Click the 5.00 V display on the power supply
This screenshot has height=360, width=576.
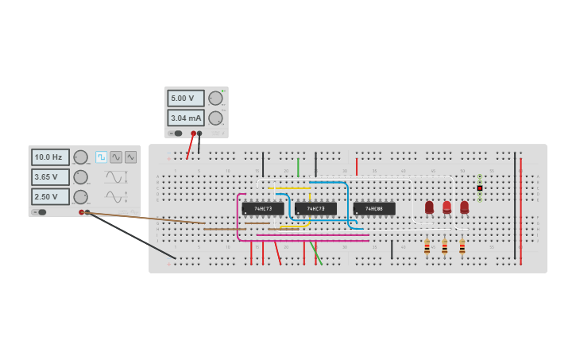coord(185,99)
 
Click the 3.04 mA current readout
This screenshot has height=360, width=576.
coord(185,118)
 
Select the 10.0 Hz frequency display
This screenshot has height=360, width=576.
coord(50,157)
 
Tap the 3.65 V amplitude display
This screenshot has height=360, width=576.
coord(50,177)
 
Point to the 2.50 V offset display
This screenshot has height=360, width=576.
coord(50,196)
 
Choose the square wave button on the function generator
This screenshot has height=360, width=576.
coord(101,157)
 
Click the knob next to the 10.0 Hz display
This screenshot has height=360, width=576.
coord(80,157)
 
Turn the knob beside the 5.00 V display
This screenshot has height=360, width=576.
coord(215,99)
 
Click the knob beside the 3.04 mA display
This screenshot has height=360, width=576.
coord(215,118)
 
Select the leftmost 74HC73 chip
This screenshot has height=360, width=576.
coord(263,209)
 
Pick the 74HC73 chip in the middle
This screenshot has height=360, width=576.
coord(315,209)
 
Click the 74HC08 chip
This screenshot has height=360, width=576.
coord(374,209)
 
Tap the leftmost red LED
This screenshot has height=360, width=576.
coord(429,207)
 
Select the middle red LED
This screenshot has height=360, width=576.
coord(446,207)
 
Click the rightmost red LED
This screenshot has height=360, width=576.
coord(464,207)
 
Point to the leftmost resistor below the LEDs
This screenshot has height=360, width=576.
coord(427,247)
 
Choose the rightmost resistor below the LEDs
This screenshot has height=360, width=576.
coord(462,247)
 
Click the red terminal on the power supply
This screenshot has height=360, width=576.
coord(193,134)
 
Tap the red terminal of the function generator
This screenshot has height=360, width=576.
coord(81,212)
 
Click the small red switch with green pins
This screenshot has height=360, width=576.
coord(480,188)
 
